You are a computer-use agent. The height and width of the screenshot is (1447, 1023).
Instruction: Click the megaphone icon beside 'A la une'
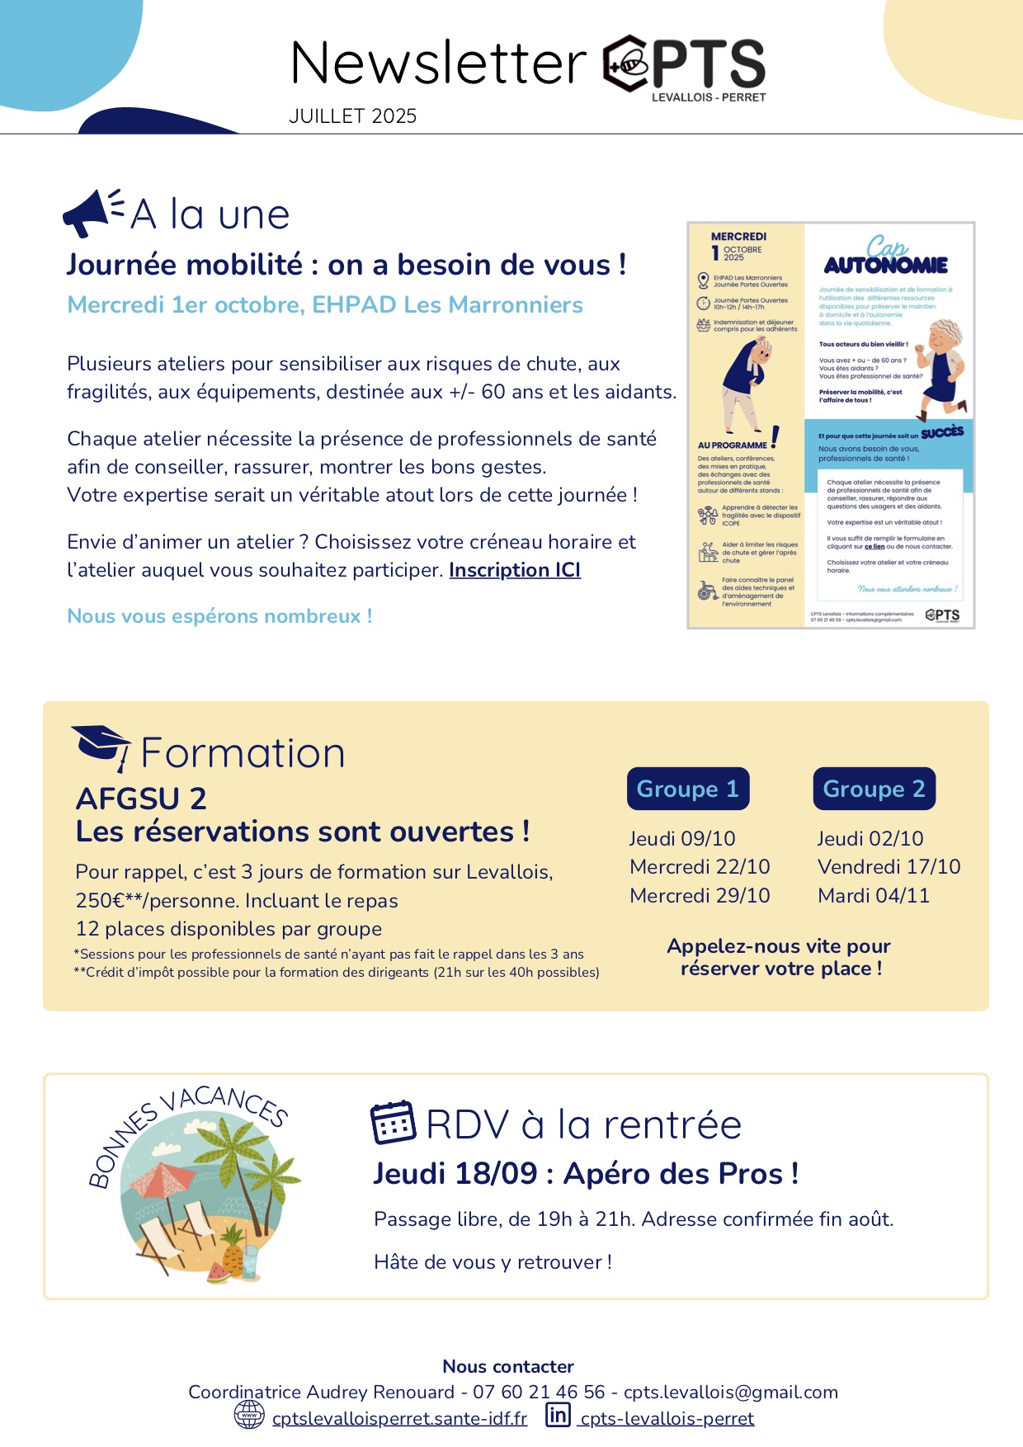click(89, 212)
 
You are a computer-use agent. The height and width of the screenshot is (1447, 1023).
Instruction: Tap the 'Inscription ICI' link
click(515, 570)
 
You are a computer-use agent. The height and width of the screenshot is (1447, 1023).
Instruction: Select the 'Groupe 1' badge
click(687, 789)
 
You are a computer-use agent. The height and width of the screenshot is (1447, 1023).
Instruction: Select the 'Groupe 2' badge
click(874, 789)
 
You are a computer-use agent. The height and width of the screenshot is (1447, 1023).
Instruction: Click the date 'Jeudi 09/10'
click(682, 838)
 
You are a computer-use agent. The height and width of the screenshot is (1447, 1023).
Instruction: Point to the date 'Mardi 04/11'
click(873, 895)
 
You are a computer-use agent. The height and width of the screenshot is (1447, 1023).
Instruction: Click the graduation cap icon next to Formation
click(101, 745)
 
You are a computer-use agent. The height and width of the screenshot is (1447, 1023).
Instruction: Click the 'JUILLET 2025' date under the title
click(352, 116)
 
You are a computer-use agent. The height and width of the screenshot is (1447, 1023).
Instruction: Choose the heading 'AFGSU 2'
click(141, 799)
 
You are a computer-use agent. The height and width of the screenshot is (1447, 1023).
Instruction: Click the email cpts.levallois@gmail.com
click(730, 1392)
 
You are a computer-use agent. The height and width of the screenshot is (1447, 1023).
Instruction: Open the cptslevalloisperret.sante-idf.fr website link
click(399, 1418)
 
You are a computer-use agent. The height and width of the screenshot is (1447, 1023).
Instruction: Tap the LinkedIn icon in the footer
click(559, 1415)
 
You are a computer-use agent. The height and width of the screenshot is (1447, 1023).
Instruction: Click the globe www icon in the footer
click(249, 1415)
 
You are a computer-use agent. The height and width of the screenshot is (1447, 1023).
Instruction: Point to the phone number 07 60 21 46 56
click(539, 1392)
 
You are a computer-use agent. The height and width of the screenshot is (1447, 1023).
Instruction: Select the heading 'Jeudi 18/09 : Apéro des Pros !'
click(586, 1173)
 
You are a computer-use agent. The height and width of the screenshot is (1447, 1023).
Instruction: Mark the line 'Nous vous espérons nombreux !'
click(219, 616)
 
